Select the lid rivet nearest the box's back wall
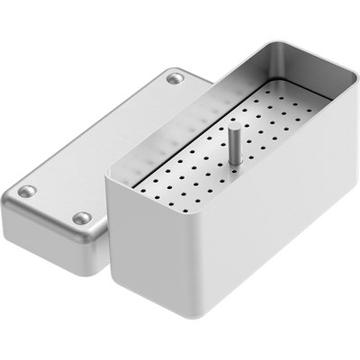pos(175,79)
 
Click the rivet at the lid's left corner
pos(28,191)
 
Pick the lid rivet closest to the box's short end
pos(82,218)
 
